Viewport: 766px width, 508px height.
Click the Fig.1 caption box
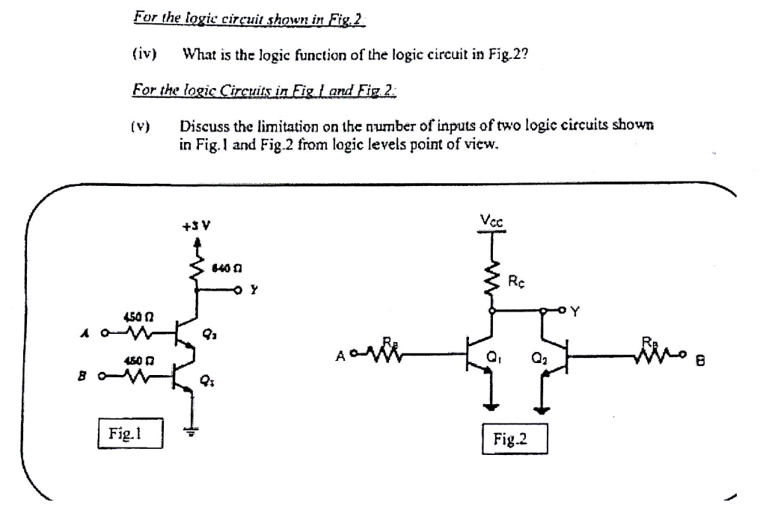coord(131,433)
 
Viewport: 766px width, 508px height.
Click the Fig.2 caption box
coord(515,439)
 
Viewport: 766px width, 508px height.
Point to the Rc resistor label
coord(517,282)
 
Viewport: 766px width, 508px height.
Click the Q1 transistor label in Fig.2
coord(492,356)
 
